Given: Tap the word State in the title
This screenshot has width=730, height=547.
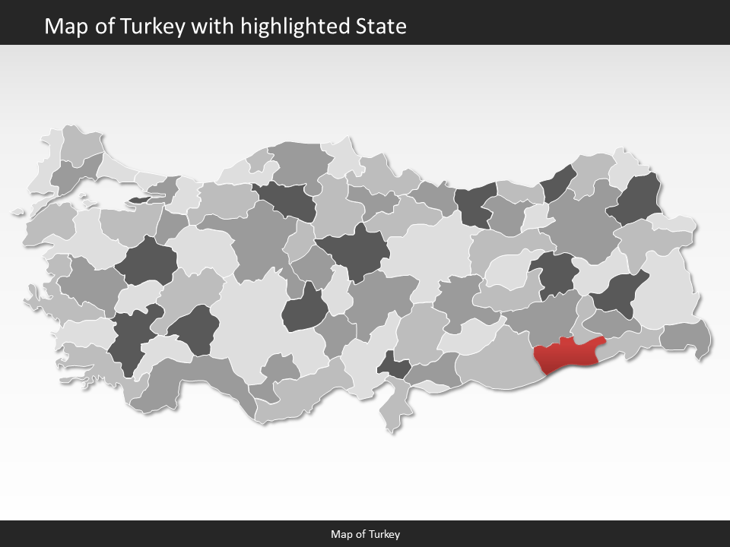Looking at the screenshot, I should [381, 27].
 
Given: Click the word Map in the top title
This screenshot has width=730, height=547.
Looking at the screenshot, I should [63, 27].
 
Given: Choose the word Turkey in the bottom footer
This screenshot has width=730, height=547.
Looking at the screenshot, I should [386, 534].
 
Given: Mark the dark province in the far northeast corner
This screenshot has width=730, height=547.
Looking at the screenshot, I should [640, 199].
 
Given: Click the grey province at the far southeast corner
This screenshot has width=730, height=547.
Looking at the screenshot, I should [687, 337].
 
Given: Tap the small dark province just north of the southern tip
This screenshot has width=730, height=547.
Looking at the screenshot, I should [394, 366].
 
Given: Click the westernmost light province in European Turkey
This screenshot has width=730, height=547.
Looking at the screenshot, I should [42, 171].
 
